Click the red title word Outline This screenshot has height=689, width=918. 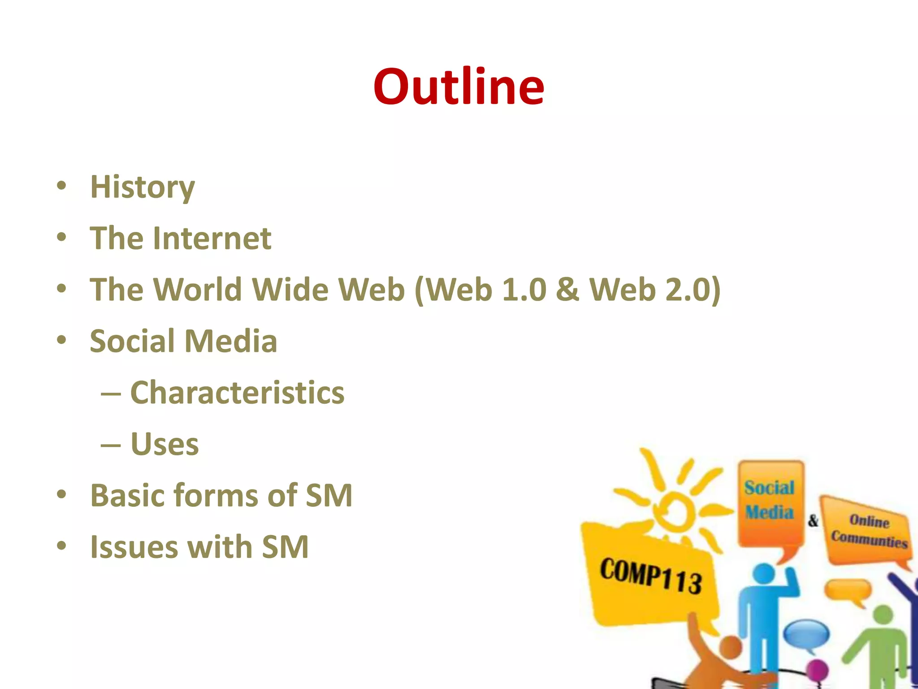tap(459, 86)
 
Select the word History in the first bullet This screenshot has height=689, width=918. tap(143, 187)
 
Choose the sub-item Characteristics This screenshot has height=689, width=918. tap(237, 392)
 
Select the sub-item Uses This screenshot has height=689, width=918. tap(165, 444)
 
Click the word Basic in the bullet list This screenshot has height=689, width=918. tap(128, 496)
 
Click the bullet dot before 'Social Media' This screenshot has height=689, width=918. tap(62, 340)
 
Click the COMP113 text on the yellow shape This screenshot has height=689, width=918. tap(651, 576)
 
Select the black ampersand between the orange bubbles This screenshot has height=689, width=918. tap(813, 520)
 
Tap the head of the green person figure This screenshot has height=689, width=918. tap(883, 615)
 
